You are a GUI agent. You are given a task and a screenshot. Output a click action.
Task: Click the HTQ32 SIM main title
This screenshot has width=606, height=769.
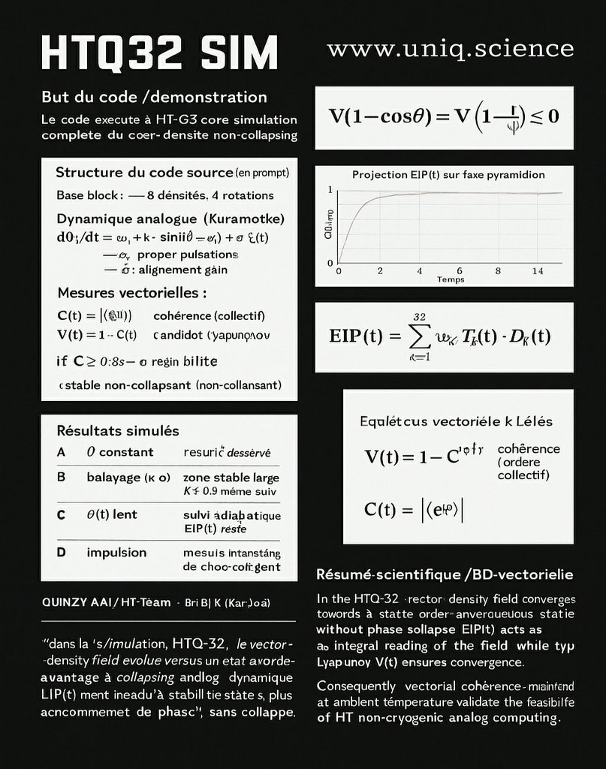coord(159,53)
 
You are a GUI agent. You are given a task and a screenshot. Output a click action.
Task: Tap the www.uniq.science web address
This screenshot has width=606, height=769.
coord(450,50)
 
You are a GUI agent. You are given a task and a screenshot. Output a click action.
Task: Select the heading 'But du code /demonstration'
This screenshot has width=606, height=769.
coord(154,97)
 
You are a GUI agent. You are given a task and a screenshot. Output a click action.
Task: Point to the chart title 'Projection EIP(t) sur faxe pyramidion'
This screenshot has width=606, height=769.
coord(448,175)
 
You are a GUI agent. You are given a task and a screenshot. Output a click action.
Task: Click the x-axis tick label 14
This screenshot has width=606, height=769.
coord(538,271)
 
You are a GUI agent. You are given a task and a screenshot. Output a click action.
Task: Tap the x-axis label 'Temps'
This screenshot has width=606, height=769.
coord(451,279)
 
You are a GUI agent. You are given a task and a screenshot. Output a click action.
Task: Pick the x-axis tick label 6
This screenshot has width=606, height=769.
coord(459,271)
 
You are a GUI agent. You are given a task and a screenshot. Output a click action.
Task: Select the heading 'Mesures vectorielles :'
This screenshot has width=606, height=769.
coord(131,292)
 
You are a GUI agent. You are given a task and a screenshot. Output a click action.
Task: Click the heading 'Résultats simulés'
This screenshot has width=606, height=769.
coord(118,431)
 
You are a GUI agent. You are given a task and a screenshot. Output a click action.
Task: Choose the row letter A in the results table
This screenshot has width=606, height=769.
coord(61,452)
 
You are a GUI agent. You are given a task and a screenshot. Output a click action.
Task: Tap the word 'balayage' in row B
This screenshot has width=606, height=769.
coord(113,478)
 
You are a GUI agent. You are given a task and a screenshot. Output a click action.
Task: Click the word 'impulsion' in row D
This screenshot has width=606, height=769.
coord(116,553)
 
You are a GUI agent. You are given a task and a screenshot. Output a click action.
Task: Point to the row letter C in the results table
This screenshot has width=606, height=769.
coord(61,515)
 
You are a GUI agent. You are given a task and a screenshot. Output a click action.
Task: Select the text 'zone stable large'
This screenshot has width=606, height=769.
coord(231,478)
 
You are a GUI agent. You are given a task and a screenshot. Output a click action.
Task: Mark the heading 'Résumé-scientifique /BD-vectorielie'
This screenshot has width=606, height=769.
coord(445,574)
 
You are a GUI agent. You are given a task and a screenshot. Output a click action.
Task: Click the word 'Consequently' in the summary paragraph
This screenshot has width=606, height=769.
coord(356,686)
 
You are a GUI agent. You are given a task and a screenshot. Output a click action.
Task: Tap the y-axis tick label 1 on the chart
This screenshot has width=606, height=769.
coord(330,190)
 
